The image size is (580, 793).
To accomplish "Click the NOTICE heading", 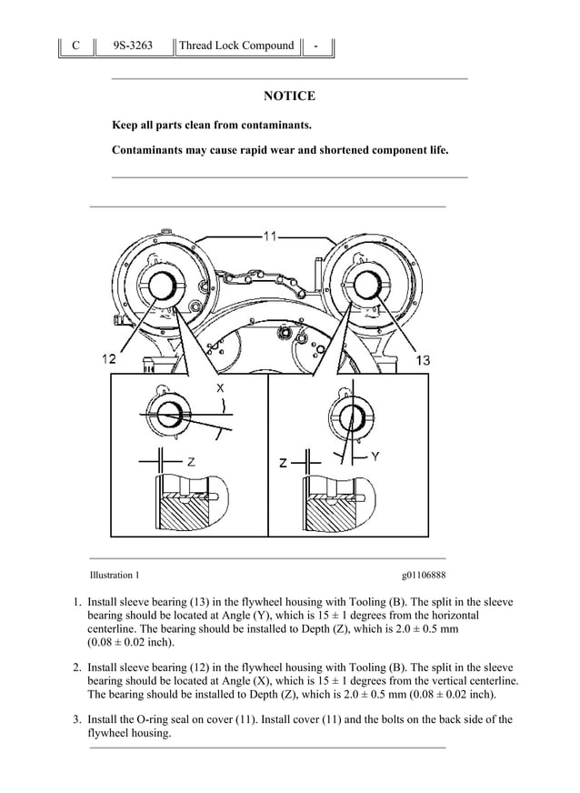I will [x=289, y=96].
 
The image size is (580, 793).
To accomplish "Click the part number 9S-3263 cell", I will [x=133, y=45].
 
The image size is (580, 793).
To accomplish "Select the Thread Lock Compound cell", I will [x=236, y=45].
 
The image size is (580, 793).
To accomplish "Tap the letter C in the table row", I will [x=76, y=45].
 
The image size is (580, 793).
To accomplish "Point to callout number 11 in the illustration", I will [x=270, y=236].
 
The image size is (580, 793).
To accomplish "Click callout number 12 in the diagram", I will [x=110, y=360].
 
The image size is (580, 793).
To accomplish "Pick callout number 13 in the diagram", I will [x=423, y=361].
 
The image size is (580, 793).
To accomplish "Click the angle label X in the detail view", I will [x=221, y=388].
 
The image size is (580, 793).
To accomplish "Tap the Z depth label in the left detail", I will [x=191, y=462].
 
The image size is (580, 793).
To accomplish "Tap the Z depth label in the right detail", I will [x=284, y=463].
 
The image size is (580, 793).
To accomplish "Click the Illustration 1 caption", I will [x=115, y=575].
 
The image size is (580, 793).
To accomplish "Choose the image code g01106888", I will [x=423, y=575].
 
